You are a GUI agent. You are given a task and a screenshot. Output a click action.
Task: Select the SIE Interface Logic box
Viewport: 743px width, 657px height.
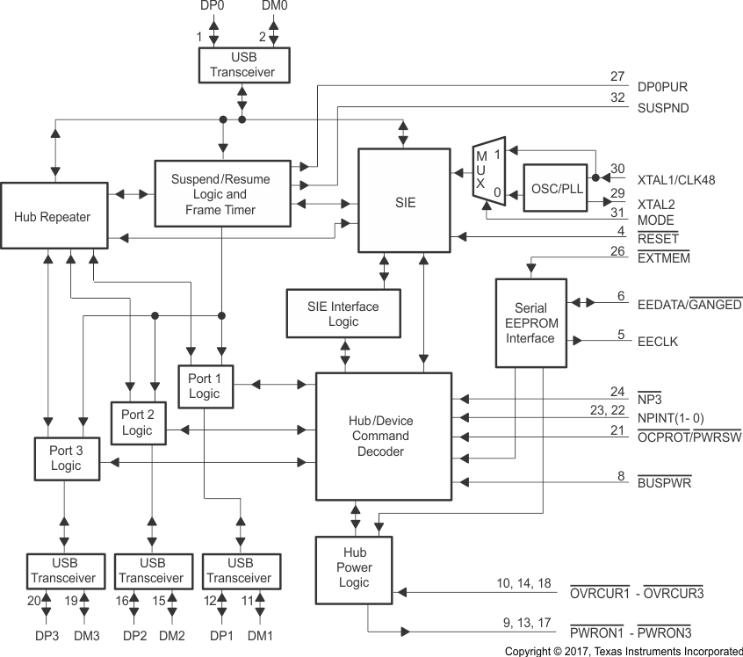tap(343, 314)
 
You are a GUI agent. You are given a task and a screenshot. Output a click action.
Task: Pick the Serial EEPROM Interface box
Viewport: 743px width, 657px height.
tap(530, 323)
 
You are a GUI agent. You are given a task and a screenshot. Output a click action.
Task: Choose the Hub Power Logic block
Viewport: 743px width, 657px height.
tap(355, 567)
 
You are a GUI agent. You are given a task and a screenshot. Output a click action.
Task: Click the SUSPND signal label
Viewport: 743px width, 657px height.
tap(664, 108)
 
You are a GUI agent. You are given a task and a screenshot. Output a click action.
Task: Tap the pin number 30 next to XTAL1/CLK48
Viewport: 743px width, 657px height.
tap(618, 169)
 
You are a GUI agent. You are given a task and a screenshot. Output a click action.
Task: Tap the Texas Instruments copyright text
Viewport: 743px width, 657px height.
tap(624, 651)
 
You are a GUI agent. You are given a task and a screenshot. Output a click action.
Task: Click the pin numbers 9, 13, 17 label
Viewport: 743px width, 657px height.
tap(527, 623)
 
